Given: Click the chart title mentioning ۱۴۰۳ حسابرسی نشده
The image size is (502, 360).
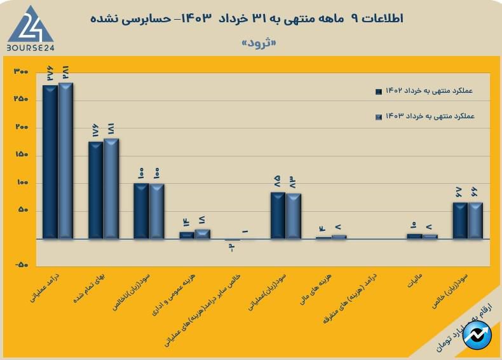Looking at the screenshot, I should pos(251,18).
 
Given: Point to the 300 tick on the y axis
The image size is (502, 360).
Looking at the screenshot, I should pos(21,72).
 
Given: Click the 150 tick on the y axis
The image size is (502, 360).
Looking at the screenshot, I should pos(21,155).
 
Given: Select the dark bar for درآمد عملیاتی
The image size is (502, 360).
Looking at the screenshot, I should pos(50,162).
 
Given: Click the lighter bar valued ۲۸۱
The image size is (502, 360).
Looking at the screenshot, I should pos(65,161).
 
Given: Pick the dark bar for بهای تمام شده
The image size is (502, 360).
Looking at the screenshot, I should pos(95,190).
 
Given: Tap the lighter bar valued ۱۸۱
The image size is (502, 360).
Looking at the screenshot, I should pos(111,189).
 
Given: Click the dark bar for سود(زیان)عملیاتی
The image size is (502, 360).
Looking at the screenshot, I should pos(278,216).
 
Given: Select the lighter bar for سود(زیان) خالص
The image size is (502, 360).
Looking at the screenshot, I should pos(476,221).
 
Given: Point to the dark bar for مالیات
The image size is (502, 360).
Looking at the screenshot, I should pos(414,236).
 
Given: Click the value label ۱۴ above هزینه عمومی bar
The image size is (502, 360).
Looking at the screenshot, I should pos(187,222).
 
